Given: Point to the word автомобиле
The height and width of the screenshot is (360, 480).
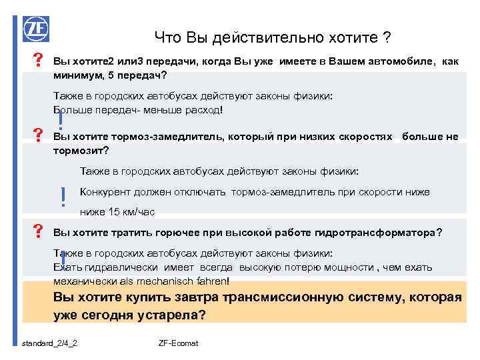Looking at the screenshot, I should click(398, 62).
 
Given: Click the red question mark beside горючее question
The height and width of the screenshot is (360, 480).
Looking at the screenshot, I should click(38, 232).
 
